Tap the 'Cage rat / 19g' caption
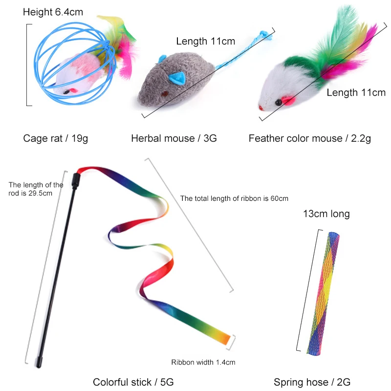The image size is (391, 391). [x=55, y=138]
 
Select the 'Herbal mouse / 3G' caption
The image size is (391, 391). [x=174, y=138]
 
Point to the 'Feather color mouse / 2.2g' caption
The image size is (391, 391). [x=309, y=138]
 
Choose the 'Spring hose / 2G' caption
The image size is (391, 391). [x=312, y=382]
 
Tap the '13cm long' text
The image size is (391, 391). [x=326, y=214]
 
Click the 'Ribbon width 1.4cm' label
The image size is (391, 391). [x=203, y=362]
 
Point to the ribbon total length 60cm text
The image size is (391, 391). [x=234, y=198]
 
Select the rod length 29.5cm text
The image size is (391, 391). [x=35, y=189]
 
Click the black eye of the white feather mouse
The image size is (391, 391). [x=277, y=101]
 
